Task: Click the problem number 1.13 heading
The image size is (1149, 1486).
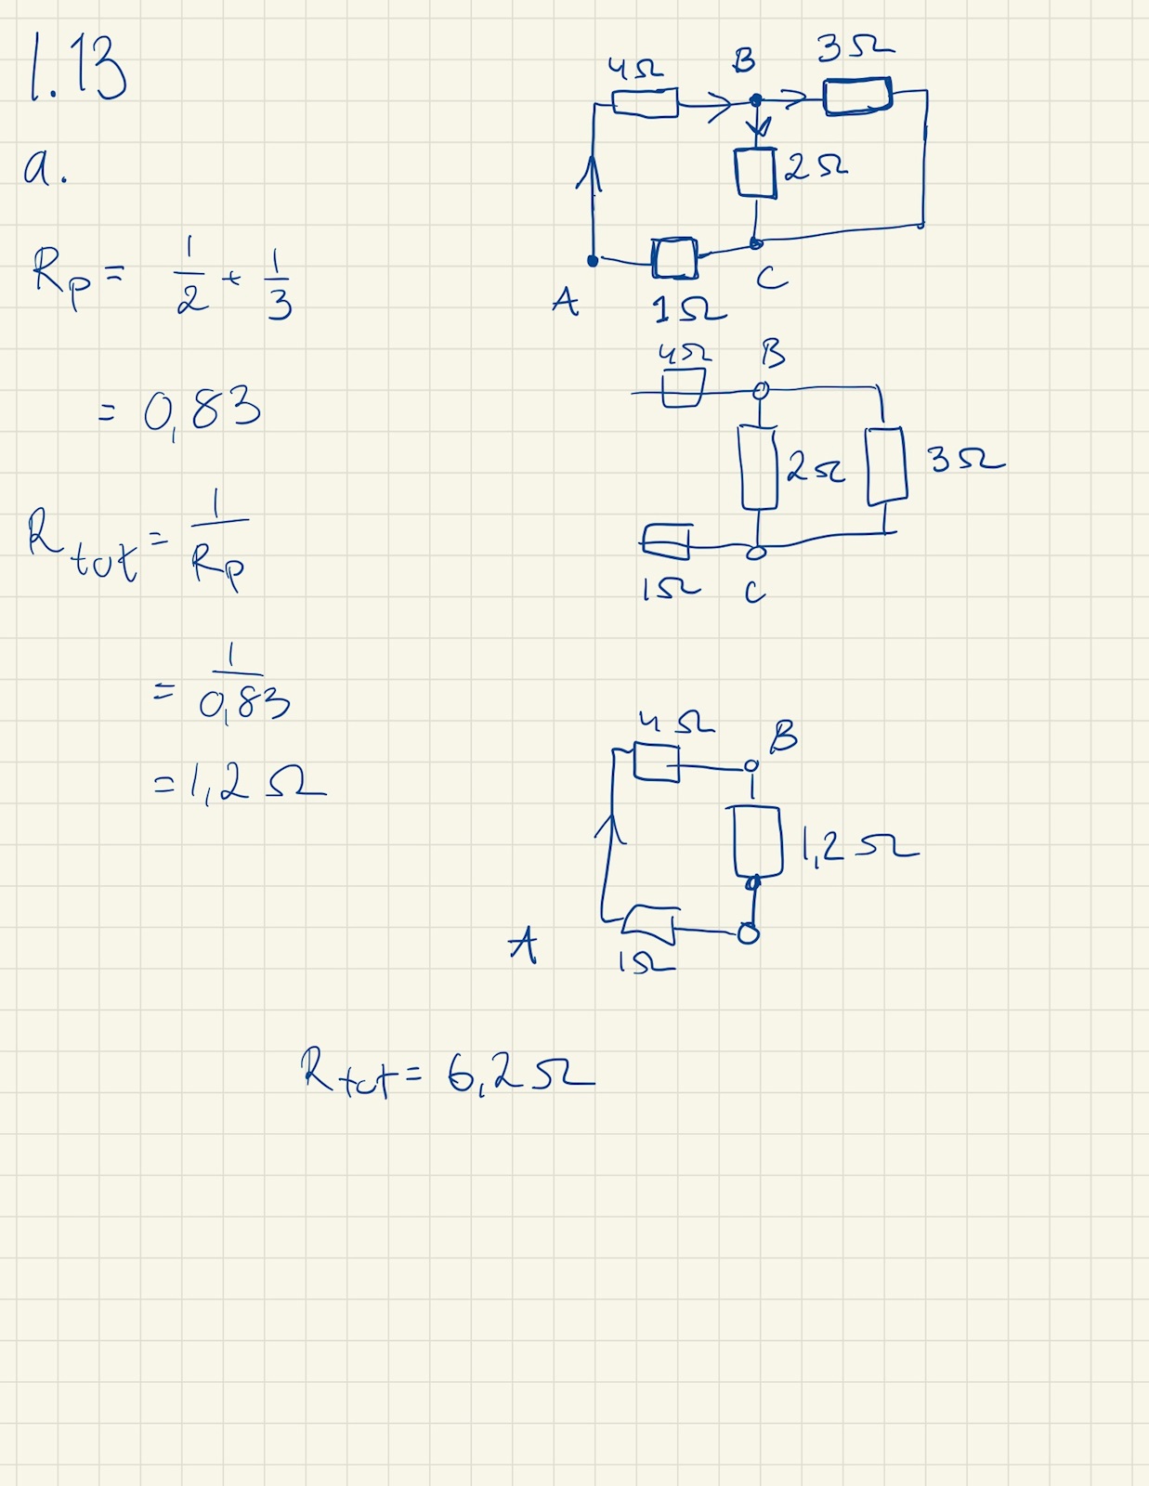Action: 78,67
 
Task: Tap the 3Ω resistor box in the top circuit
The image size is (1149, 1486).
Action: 857,96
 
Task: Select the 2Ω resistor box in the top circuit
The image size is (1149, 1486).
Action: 755,173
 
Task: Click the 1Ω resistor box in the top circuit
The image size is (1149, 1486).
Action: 674,258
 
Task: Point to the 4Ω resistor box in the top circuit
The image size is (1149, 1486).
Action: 646,102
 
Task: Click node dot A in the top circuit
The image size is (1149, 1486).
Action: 593,261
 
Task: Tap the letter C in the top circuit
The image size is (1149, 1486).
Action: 771,278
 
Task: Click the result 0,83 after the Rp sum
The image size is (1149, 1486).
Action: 202,410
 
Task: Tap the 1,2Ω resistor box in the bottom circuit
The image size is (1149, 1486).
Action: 757,841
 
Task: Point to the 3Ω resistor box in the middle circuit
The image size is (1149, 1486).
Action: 887,465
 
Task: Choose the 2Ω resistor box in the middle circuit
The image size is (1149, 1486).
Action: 759,467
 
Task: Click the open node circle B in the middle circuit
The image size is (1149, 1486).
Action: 761,391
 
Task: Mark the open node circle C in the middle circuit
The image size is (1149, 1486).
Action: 757,553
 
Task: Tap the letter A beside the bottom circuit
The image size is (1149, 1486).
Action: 523,946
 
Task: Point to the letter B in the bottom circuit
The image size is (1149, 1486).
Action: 782,737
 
